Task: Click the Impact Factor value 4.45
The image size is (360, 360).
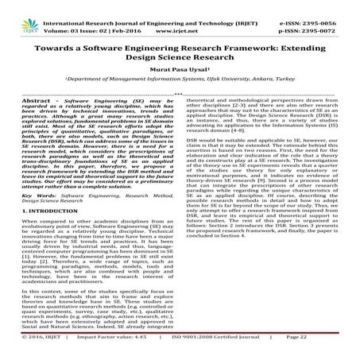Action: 155,350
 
